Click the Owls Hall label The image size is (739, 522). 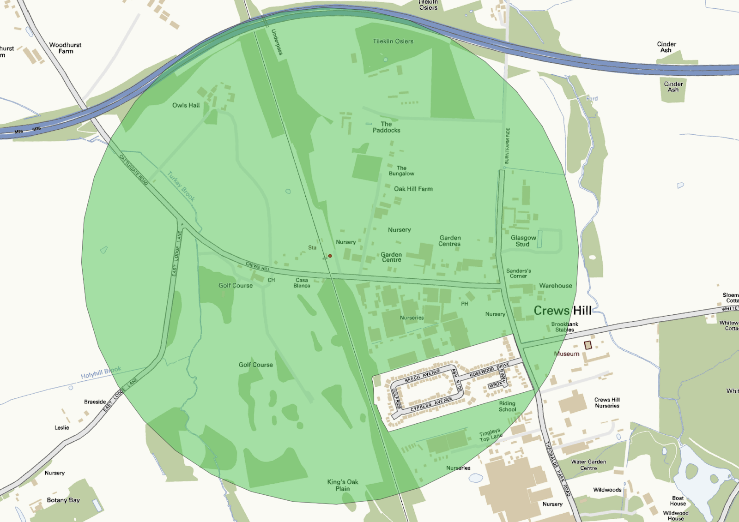(186, 105)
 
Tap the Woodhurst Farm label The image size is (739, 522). (65, 48)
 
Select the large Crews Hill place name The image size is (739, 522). (562, 311)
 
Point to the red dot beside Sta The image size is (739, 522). (330, 256)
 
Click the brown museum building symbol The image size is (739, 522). (588, 345)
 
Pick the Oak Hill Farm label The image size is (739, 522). (413, 189)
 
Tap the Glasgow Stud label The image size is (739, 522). (523, 241)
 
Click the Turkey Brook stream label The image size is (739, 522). (181, 186)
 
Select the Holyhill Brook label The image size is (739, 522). (101, 372)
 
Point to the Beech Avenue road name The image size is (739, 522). (422, 376)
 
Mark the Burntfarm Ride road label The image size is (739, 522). (507, 146)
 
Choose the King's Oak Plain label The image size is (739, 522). (343, 485)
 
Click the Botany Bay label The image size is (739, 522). (63, 500)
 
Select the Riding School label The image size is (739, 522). (507, 406)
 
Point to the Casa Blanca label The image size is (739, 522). (302, 283)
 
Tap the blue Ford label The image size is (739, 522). (592, 98)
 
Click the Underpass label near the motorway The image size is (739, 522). (277, 42)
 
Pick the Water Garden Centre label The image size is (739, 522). (588, 465)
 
